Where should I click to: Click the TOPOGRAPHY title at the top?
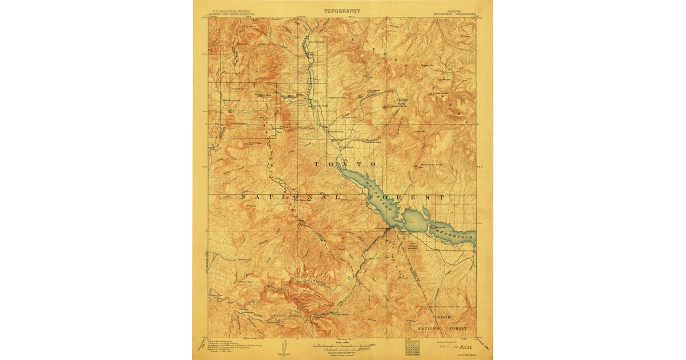click(x=342, y=10)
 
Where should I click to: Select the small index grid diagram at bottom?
click(x=412, y=346)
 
